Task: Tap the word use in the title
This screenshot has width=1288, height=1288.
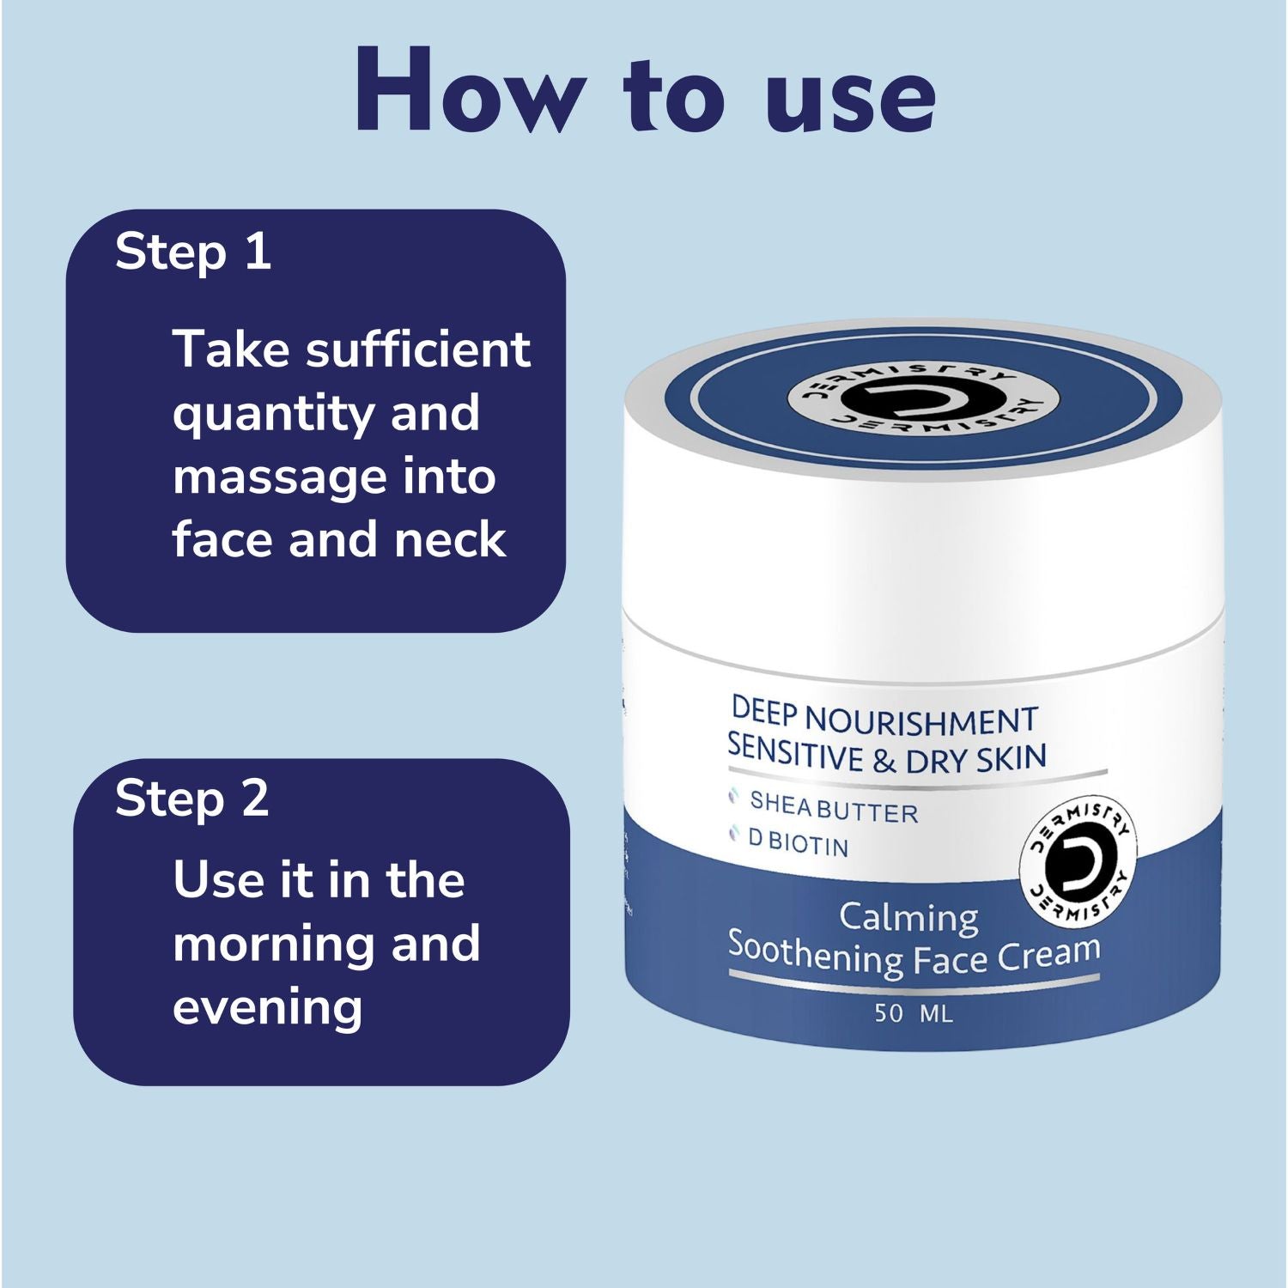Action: pyautogui.click(x=851, y=97)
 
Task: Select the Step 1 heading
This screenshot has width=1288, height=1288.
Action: pyautogui.click(x=193, y=252)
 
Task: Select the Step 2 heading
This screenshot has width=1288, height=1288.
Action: pyautogui.click(x=192, y=799)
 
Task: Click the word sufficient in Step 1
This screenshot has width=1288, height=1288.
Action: pyautogui.click(x=418, y=349)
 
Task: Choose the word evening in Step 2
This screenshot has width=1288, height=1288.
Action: pyautogui.click(x=267, y=1007)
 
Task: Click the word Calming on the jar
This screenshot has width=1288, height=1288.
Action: pyautogui.click(x=908, y=917)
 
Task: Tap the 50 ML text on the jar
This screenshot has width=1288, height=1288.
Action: pyautogui.click(x=914, y=1013)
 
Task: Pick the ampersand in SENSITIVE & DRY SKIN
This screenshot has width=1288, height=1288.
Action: pyautogui.click(x=884, y=761)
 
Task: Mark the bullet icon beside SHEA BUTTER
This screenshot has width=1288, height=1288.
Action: pyautogui.click(x=733, y=798)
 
